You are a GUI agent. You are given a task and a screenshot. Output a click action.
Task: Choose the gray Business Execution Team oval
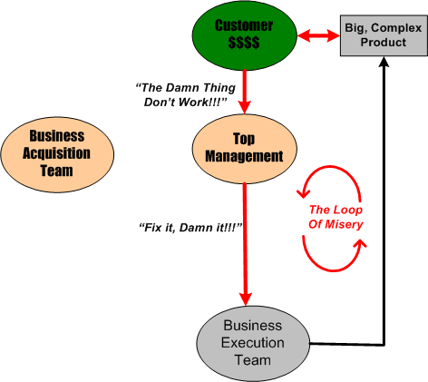pyautogui.click(x=252, y=342)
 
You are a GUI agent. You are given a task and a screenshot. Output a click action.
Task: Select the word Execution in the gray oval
pyautogui.click(x=252, y=342)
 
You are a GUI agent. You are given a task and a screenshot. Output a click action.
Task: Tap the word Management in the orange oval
pyautogui.click(x=244, y=156)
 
